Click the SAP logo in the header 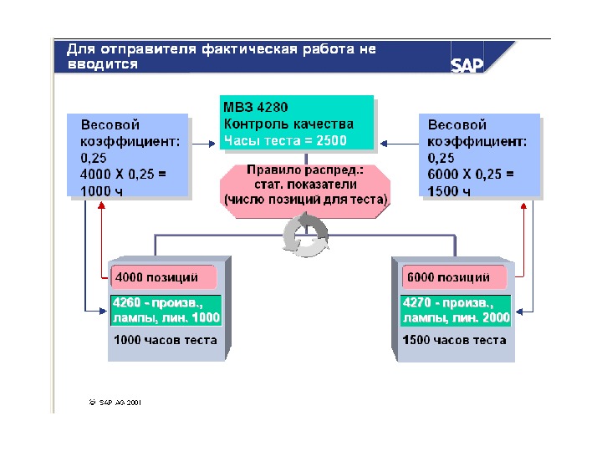[467, 65]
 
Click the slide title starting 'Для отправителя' [221, 56]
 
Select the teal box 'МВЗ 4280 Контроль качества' [297, 124]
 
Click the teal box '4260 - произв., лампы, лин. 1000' [166, 310]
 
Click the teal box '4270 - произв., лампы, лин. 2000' [457, 310]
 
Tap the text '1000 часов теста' [166, 340]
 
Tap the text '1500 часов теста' [454, 340]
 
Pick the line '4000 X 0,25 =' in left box [124, 175]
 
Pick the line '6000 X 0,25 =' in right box [471, 175]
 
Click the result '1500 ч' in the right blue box [449, 191]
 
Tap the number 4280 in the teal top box [272, 108]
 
